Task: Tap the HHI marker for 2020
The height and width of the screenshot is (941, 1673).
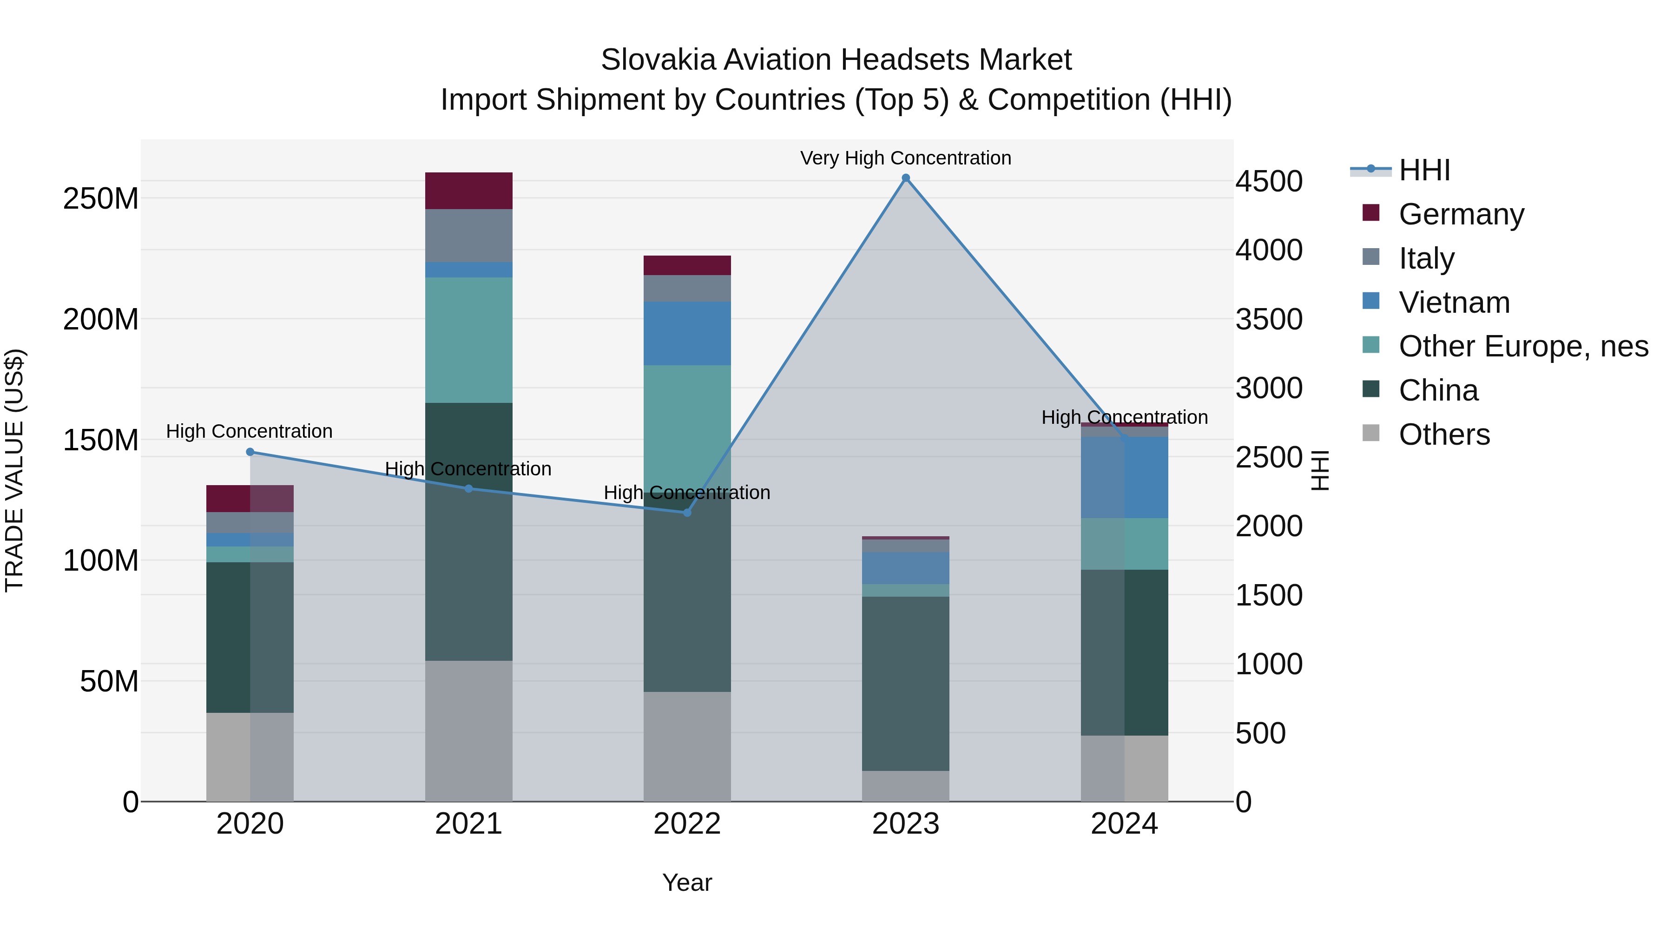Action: click(x=250, y=452)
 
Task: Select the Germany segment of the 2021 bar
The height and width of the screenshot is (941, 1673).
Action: click(x=468, y=190)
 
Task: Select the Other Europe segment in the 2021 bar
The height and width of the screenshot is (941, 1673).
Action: click(x=468, y=340)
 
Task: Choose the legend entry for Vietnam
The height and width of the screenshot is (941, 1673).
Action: click(x=1454, y=303)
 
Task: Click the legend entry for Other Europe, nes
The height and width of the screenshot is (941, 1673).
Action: click(x=1522, y=346)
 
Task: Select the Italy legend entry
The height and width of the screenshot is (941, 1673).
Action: click(x=1426, y=258)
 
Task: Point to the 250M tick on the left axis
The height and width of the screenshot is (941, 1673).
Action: click(x=101, y=198)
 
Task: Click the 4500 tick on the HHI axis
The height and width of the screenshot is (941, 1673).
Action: click(x=1268, y=181)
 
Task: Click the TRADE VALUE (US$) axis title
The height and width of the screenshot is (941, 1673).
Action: click(x=14, y=470)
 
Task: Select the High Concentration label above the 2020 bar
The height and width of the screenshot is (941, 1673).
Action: click(x=250, y=431)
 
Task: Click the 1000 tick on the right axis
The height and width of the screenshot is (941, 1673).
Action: click(x=1268, y=665)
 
